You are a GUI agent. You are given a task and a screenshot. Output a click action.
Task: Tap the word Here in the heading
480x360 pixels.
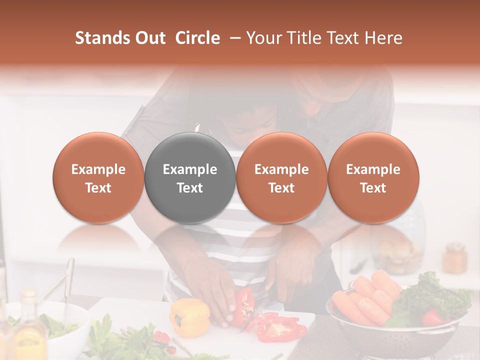383,38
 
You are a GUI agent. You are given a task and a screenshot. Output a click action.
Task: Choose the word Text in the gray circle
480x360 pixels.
190,188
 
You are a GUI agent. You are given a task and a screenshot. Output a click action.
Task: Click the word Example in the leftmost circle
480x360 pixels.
98,169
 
